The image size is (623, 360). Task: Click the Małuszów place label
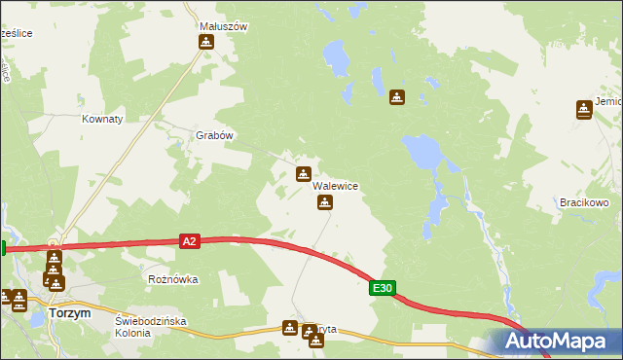[222, 26]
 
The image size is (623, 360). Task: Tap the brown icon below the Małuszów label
[205, 42]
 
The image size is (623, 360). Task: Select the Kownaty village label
[102, 119]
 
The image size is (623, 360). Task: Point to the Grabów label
[215, 136]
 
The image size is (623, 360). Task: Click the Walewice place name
[336, 186]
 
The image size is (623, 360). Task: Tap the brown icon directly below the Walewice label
[325, 202]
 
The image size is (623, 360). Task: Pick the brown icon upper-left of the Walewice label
[304, 174]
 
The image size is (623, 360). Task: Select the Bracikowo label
[584, 202]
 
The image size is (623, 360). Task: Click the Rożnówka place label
[172, 279]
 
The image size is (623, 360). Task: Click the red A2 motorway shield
[190, 240]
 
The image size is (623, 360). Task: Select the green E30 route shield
[383, 288]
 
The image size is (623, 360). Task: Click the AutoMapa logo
[560, 341]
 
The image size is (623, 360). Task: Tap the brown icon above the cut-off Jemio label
[583, 108]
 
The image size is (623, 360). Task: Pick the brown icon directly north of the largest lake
[396, 97]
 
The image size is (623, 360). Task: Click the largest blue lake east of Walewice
[421, 151]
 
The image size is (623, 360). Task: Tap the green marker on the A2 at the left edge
[3, 248]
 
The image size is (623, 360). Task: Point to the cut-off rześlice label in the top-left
[17, 33]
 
